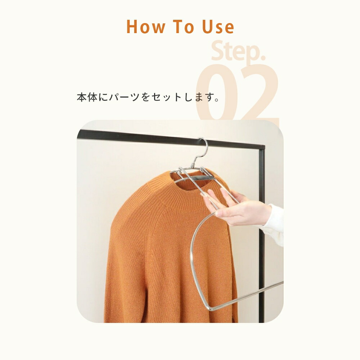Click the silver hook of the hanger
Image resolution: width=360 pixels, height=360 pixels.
coord(203,148)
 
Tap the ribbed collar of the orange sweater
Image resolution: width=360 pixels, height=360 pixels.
coord(187,200)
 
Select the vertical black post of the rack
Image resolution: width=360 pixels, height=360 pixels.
coord(261,252)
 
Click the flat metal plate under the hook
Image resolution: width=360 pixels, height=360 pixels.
coord(196,177)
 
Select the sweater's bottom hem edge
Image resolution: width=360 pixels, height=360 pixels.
coord(169,320)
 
